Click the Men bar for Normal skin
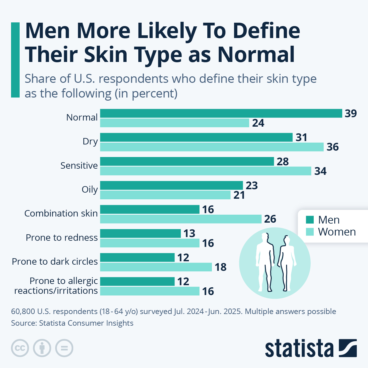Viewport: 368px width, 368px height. (221, 113)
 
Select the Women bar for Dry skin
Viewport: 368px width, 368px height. (212, 147)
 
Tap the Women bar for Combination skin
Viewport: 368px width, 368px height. (181, 219)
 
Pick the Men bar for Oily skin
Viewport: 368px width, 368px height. (171, 185)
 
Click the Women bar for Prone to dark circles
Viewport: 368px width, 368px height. (156, 267)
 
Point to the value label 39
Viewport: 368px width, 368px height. (351, 113)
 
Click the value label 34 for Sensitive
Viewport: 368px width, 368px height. (320, 171)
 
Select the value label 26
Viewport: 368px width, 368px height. (270, 219)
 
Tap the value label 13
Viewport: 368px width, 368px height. (189, 234)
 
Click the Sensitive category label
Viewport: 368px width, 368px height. (79, 166)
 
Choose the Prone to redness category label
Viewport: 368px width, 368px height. (62, 238)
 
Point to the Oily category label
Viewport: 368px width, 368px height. (90, 190)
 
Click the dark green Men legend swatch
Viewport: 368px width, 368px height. (310, 220)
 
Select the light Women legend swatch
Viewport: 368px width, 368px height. (310, 232)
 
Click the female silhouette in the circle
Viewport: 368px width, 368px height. (286, 264)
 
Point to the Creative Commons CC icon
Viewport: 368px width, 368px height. (20, 348)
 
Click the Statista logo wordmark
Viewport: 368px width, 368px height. (299, 348)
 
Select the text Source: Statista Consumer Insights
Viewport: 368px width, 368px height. (72, 323)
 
